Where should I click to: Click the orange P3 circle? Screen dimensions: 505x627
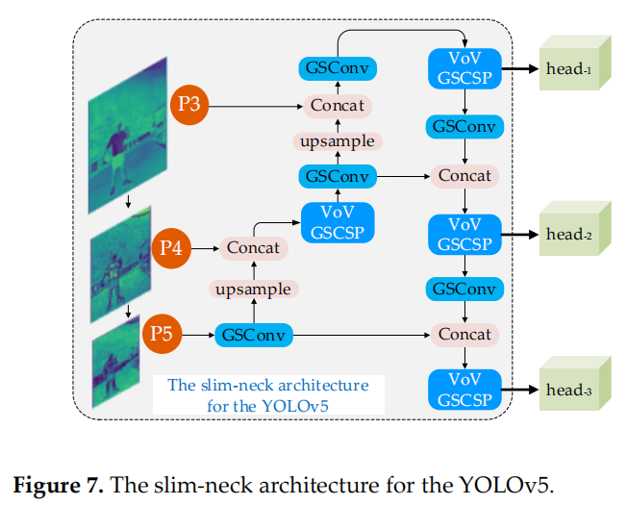189,104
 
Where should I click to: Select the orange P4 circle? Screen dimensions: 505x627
171,247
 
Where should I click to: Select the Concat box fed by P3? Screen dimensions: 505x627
338,105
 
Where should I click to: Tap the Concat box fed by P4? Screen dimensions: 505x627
254,248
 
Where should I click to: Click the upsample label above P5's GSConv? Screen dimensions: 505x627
254,289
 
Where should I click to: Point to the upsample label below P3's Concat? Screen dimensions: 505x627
338,141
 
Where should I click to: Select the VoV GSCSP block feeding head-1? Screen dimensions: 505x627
464,68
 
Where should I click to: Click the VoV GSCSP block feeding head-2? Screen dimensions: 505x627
464,234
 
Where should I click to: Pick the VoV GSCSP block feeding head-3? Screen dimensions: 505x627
464,390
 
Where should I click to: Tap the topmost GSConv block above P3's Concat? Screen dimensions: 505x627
338,68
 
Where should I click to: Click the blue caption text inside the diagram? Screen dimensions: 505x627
267,394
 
